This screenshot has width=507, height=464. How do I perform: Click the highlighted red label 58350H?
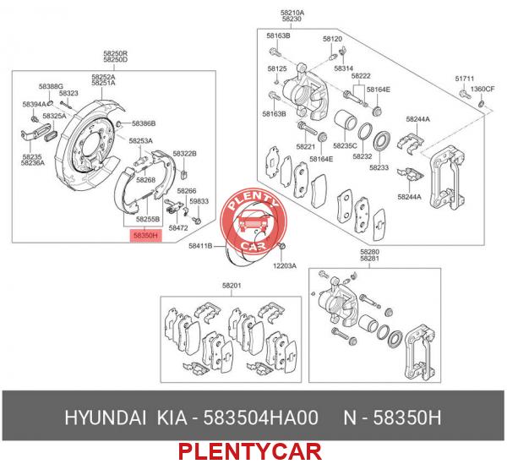[145, 236]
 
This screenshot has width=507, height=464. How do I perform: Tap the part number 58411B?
[200, 247]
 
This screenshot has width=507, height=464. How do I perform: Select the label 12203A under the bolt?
[285, 266]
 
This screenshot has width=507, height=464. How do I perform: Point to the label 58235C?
[345, 146]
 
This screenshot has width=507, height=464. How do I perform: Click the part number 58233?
[379, 167]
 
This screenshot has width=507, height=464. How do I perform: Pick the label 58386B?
[144, 123]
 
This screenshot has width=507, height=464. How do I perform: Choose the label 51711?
[465, 79]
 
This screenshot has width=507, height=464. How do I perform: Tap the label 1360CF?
[482, 89]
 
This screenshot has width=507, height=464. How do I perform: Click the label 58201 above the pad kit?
[232, 286]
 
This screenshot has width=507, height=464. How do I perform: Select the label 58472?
[178, 228]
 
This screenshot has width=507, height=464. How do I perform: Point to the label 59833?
[199, 201]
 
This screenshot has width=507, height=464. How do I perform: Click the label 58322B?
[184, 153]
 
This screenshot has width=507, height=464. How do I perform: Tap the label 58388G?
[51, 86]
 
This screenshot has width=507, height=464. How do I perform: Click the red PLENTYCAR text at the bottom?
[250, 451]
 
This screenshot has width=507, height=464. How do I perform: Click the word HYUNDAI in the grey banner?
[105, 418]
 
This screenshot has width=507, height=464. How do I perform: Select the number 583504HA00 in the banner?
[260, 418]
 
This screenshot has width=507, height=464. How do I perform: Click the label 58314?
[344, 68]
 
